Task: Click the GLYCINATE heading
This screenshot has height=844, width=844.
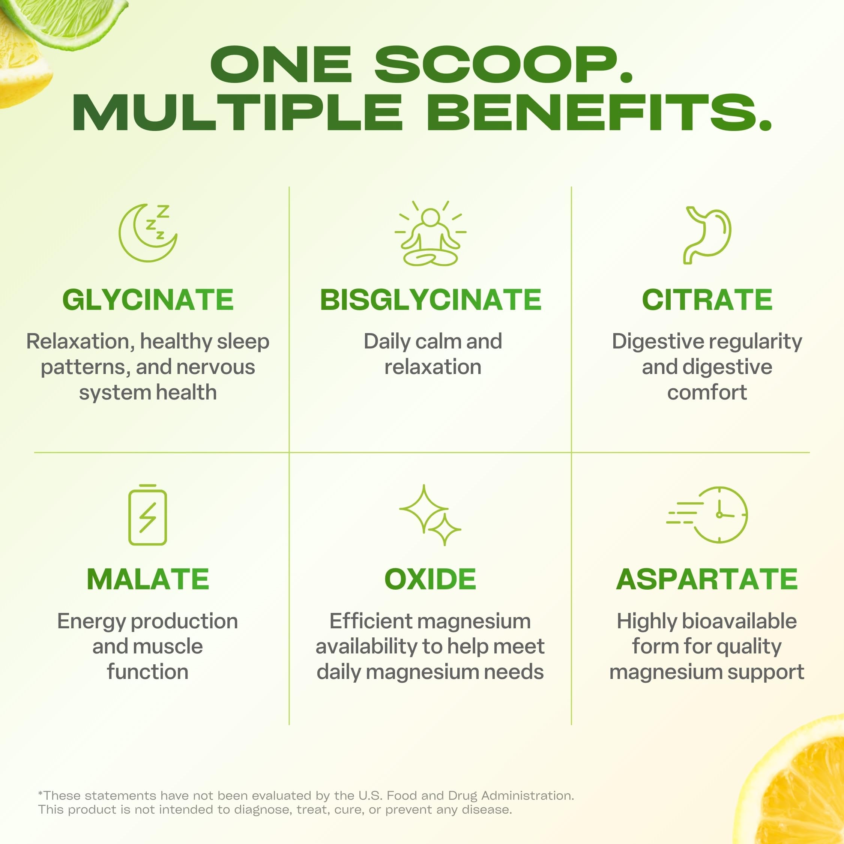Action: tap(148, 300)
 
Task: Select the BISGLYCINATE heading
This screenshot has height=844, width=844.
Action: tap(431, 300)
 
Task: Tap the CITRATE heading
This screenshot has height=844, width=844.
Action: tap(707, 300)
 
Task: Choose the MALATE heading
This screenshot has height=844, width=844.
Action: tap(148, 579)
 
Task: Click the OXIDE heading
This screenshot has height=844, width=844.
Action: tap(430, 579)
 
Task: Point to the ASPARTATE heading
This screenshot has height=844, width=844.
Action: tap(707, 579)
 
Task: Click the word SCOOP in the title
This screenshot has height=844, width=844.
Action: tap(503, 65)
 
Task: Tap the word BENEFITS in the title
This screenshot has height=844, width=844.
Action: tap(599, 112)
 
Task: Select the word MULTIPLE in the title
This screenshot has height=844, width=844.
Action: tap(238, 112)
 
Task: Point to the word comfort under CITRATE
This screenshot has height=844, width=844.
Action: tap(707, 392)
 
